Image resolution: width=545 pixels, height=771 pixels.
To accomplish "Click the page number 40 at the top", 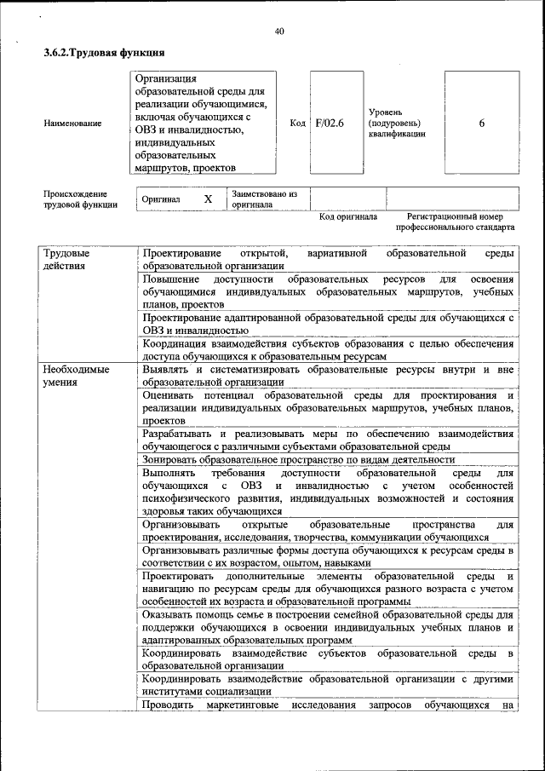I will coord(279,32).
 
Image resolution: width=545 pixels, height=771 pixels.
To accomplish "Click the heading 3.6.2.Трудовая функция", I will coord(103,53).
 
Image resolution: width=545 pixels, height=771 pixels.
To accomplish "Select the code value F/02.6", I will coord(329,124).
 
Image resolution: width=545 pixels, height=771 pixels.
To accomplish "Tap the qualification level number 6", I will coord(481,124).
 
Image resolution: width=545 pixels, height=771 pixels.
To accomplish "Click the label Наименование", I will coord(72,124).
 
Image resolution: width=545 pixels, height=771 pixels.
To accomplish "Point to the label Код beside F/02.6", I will coord(297,124).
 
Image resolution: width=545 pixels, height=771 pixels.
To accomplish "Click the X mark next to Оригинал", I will coord(207,199).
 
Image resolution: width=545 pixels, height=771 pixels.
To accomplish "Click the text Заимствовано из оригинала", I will coord(265,199).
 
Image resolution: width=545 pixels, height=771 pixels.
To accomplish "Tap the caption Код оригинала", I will coord(347,217).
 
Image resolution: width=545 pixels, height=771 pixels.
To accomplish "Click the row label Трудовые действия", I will coord(66,259).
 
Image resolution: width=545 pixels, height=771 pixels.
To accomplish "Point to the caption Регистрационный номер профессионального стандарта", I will coord(455,222).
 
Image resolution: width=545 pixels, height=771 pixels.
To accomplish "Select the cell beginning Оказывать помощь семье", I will coord(328,626).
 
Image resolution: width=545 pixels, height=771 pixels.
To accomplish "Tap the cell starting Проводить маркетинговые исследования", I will coord(328,705).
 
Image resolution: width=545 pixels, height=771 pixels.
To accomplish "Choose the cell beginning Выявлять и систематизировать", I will coord(328,376).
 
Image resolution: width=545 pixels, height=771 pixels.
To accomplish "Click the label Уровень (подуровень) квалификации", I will coord(396,123).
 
